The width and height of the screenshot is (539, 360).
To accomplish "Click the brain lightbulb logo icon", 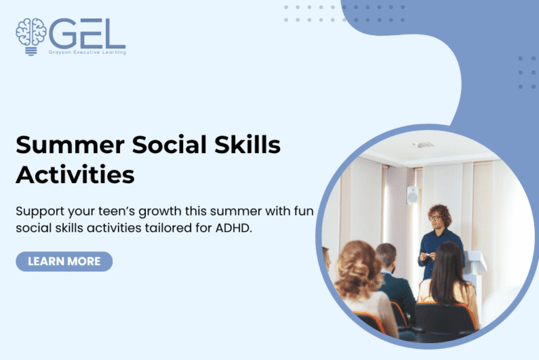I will point(30,35).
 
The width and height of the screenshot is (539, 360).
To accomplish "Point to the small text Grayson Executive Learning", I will point(87,53).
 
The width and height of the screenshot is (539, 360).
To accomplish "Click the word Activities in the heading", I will point(75,174).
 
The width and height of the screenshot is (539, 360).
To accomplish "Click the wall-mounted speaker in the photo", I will point(412,195).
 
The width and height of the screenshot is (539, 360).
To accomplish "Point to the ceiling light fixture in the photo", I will point(423,145).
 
